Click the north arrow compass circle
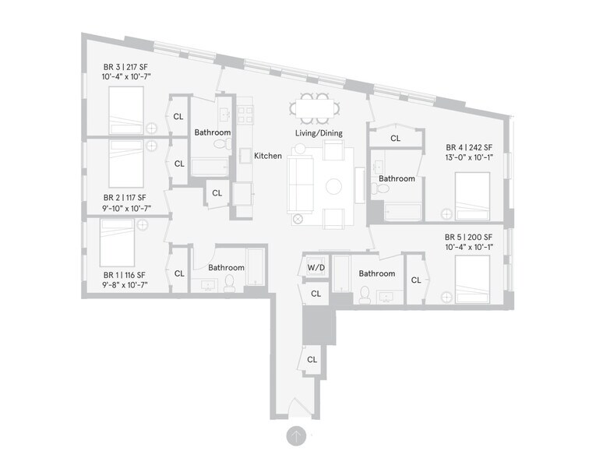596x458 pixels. tap(296, 436)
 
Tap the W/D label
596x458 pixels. tap(316, 269)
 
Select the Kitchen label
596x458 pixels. tap(268, 156)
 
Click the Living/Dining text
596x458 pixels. tap(319, 133)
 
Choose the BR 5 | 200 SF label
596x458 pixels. tap(469, 237)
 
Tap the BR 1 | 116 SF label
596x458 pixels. tap(125, 275)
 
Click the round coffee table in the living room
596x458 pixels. tap(333, 187)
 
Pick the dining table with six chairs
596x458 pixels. tap(312, 107)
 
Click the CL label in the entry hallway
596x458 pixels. tap(312, 360)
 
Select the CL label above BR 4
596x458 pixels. tap(396, 138)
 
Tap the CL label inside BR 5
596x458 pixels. tap(416, 280)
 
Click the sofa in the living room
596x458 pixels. tap(300, 184)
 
